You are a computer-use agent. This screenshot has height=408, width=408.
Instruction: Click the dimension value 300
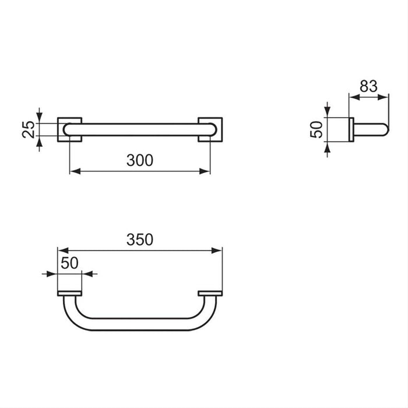point(140,160)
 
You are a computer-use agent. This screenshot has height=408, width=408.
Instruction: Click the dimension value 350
point(140,239)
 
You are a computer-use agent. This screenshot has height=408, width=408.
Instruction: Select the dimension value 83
point(368,86)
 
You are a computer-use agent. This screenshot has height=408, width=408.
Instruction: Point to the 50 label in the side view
point(315,129)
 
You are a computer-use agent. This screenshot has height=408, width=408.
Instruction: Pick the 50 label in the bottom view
point(69,262)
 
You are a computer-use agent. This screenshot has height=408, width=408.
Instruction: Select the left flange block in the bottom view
point(69,293)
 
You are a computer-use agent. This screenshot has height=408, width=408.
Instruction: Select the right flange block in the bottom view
point(210,293)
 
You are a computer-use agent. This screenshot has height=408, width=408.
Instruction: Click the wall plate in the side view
point(351,129)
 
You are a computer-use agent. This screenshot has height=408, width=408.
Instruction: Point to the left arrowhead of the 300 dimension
point(72,171)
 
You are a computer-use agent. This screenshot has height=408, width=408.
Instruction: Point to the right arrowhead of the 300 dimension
point(207,171)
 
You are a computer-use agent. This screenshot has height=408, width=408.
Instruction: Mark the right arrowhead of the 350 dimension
point(219,250)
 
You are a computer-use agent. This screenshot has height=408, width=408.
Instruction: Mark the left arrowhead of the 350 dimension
point(61,250)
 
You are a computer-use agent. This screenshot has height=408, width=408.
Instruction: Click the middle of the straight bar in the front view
point(140,129)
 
